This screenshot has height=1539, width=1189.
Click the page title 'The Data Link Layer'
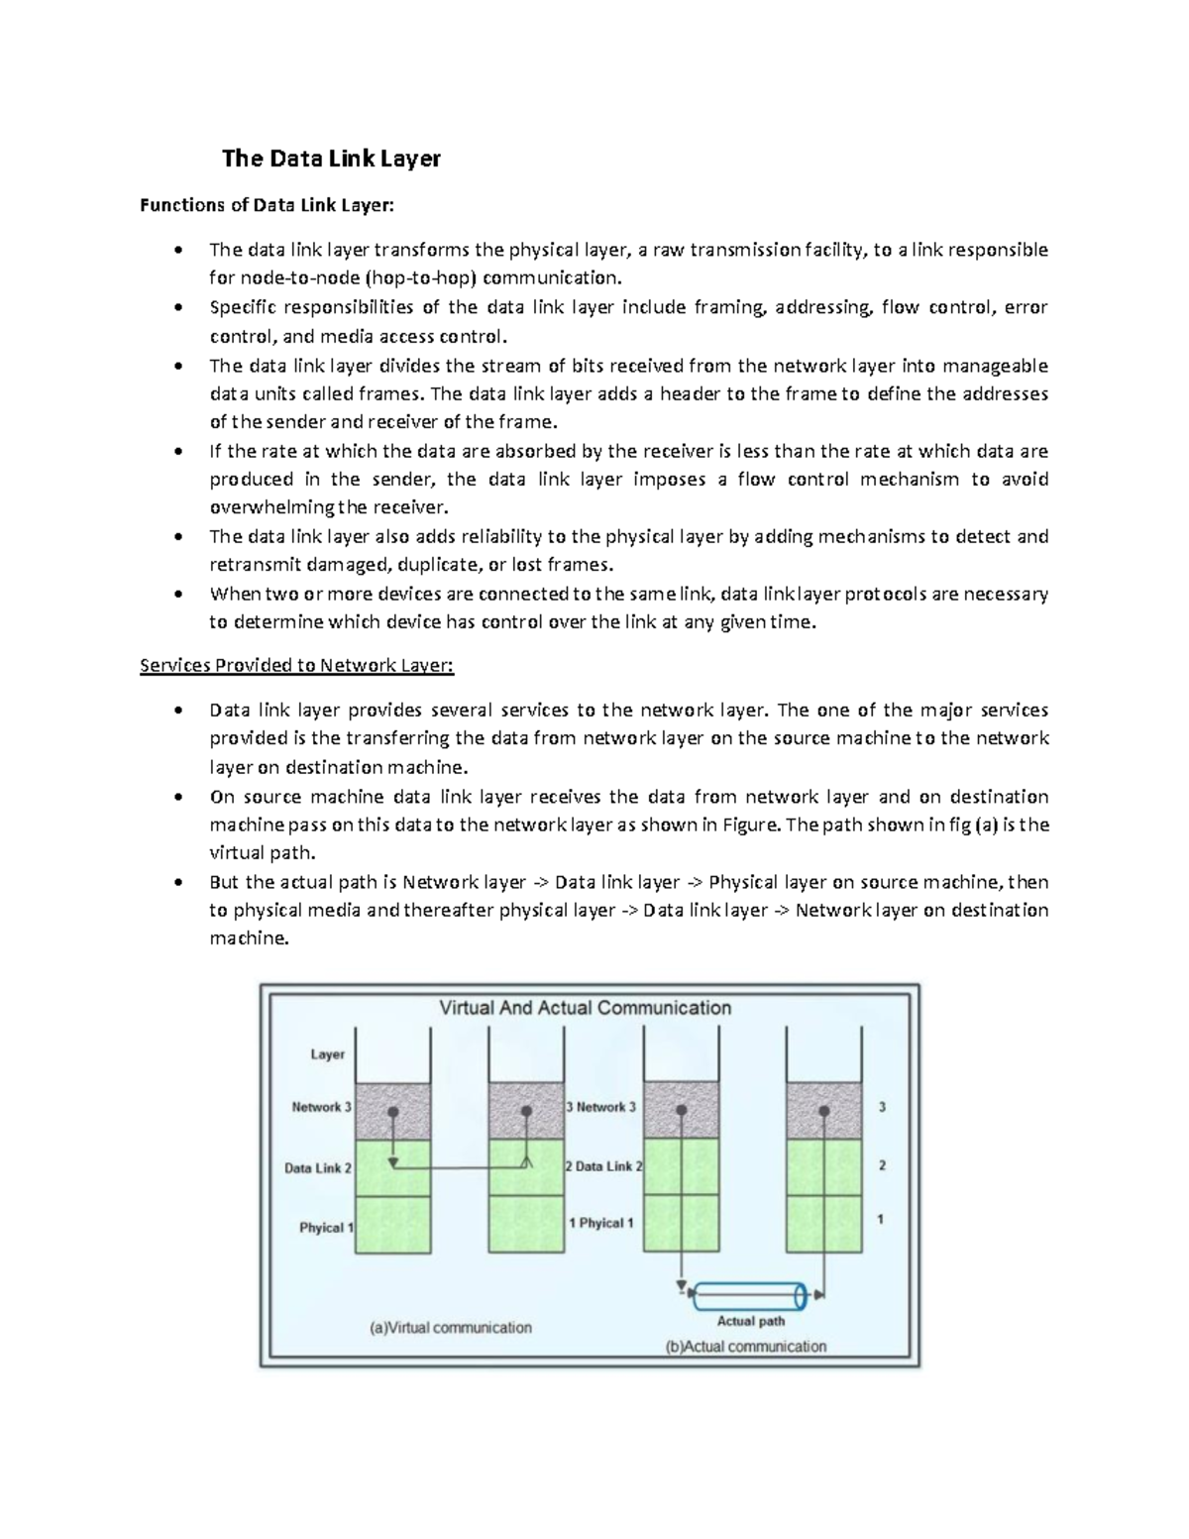331,159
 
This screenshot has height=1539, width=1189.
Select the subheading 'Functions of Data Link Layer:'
267,206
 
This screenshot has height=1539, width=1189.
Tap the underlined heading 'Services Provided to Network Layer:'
296,665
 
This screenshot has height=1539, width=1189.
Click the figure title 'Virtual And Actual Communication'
585,1008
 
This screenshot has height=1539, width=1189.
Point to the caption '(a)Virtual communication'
451,1327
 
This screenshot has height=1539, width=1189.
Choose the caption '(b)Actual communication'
745,1346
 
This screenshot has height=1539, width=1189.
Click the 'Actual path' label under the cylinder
750,1320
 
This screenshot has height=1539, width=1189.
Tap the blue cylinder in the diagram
752,1294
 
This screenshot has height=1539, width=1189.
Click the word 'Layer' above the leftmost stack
327,1054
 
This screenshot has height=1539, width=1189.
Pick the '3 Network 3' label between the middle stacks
600,1107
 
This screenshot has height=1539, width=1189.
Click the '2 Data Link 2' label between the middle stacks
603,1166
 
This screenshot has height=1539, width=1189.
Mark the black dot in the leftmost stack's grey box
393,1112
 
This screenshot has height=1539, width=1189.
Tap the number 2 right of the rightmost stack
882,1165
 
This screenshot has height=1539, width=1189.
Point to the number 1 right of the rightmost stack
881,1220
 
